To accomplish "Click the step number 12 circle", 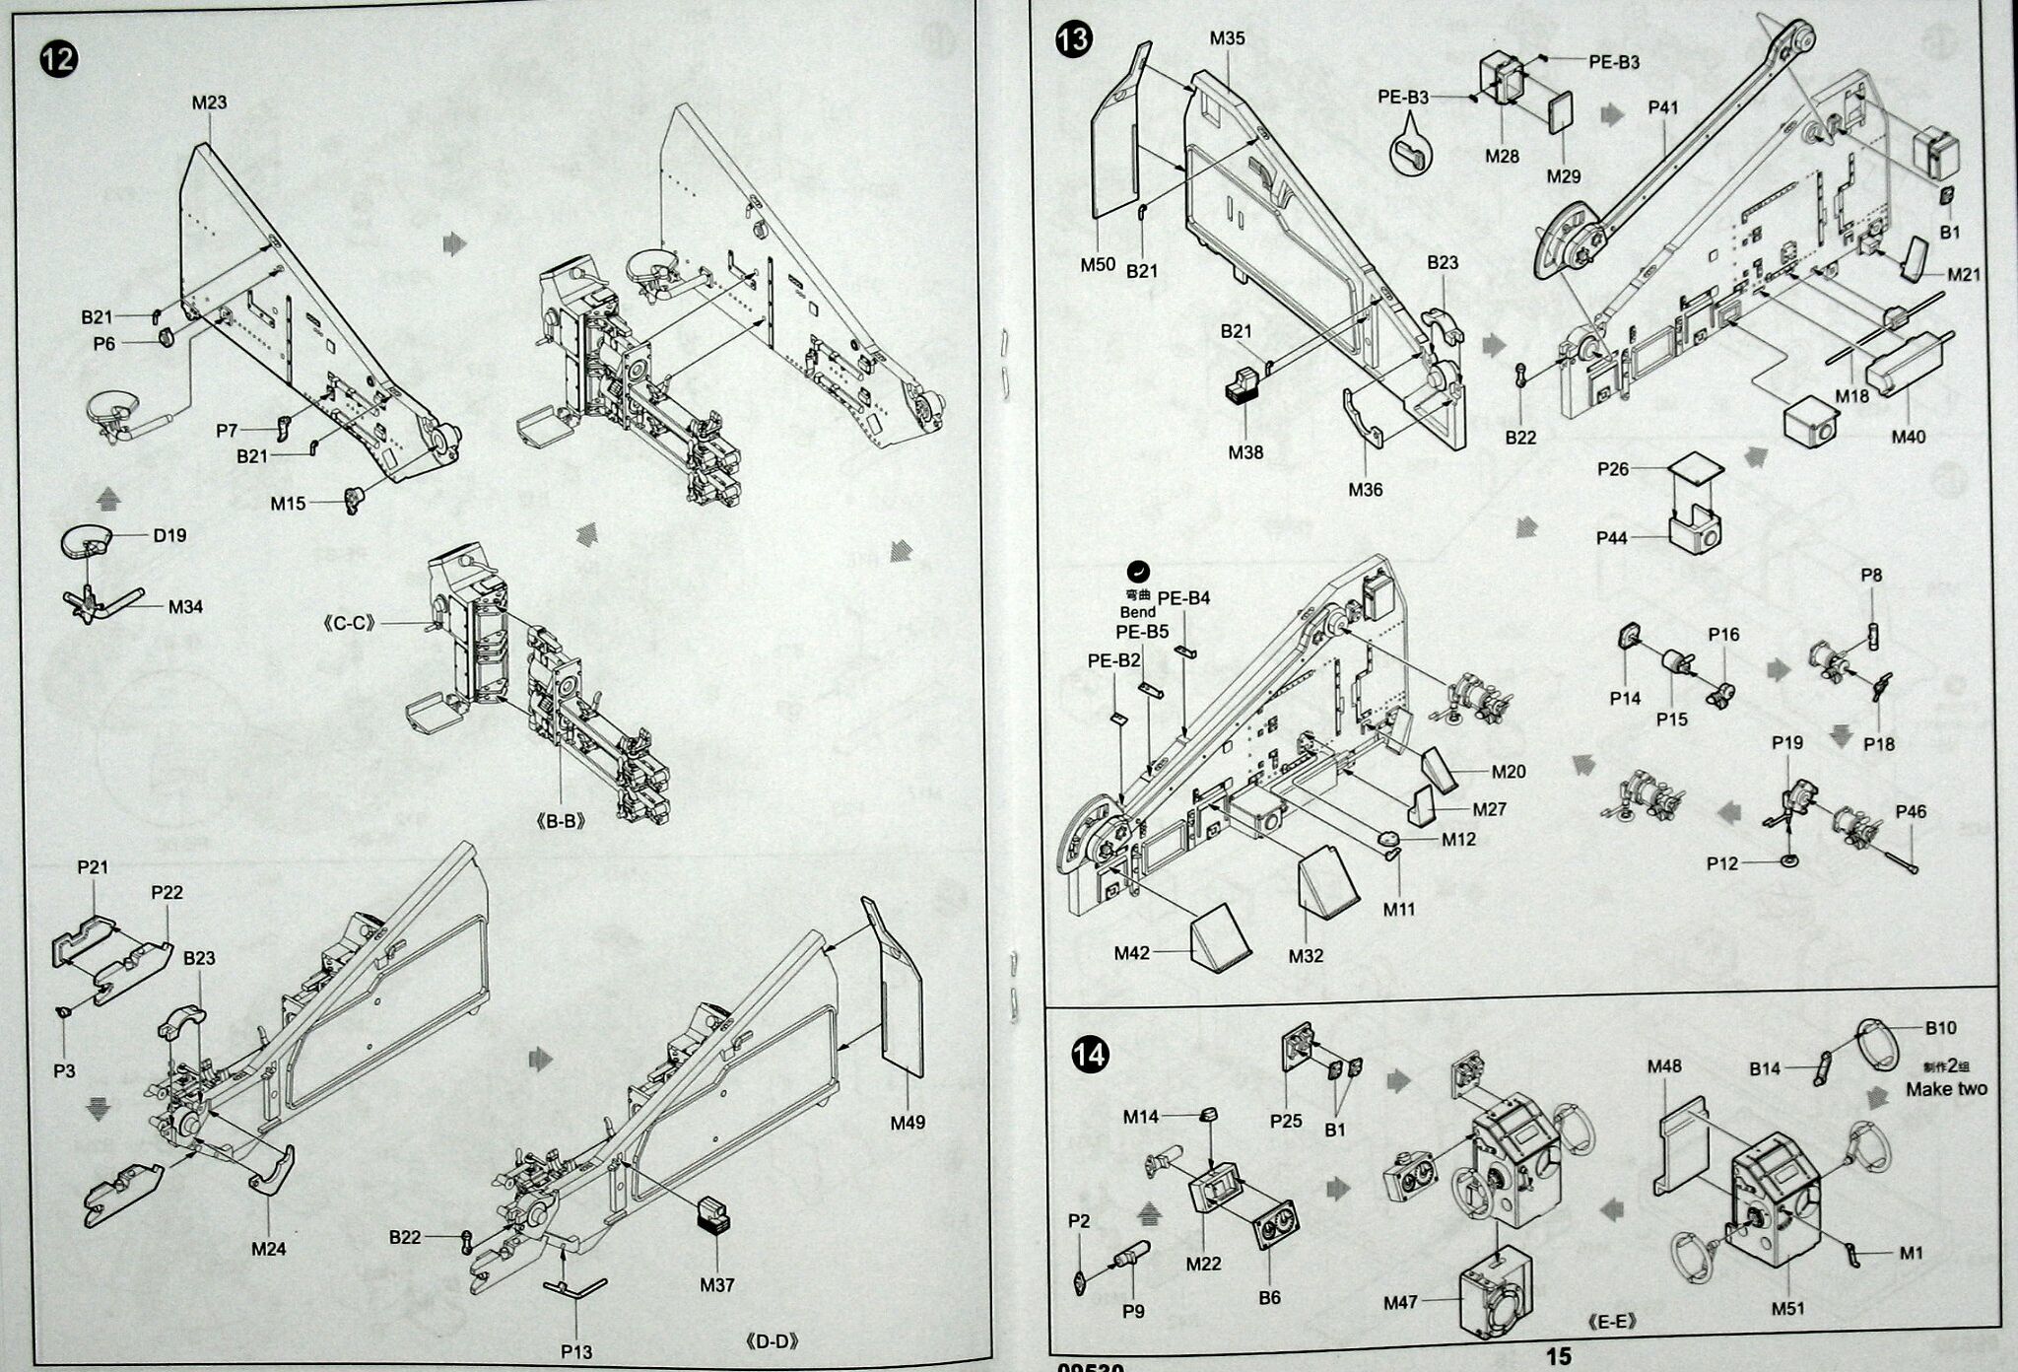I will coord(58,59).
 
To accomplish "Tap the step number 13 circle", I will coord(1074,40).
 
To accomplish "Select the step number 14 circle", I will coord(1091,1056).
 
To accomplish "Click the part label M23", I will coord(209,103).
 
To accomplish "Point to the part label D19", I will coord(169,535).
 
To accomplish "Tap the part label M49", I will coord(908,1122).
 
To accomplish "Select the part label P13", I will coord(576,1351).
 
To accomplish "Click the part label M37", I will coord(717,1285).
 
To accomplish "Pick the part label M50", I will coord(1098,264).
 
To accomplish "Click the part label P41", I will coord(1662,107).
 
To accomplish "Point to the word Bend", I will coord(1137,612).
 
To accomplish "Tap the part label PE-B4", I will coord(1183,598).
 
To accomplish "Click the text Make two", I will coord(1946,1089).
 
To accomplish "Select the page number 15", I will coord(1558,1357).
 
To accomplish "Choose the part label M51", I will coord(1787,1309).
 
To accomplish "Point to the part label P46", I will coord(1911,812).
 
